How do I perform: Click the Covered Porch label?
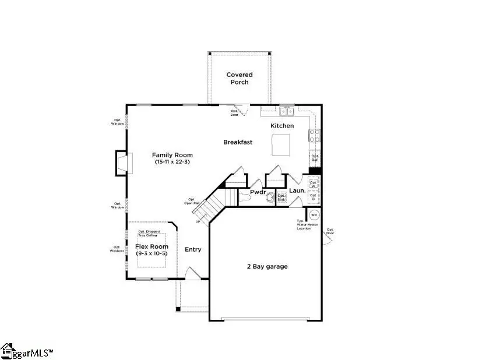[239, 78]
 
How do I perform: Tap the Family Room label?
[172, 155]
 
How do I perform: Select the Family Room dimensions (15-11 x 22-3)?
[173, 163]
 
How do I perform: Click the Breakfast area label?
[238, 142]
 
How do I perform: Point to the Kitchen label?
[282, 126]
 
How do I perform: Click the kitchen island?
[281, 145]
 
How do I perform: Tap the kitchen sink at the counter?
[286, 111]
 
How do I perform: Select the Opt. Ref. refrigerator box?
[315, 158]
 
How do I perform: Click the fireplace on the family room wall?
[121, 163]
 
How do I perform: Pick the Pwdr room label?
[258, 192]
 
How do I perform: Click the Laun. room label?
[297, 191]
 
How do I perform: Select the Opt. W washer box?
[314, 183]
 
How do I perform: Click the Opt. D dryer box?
[314, 198]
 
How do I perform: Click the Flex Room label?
[152, 246]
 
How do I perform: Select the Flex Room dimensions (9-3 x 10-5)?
[152, 254]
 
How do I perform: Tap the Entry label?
[193, 249]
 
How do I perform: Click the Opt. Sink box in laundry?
[281, 197]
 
